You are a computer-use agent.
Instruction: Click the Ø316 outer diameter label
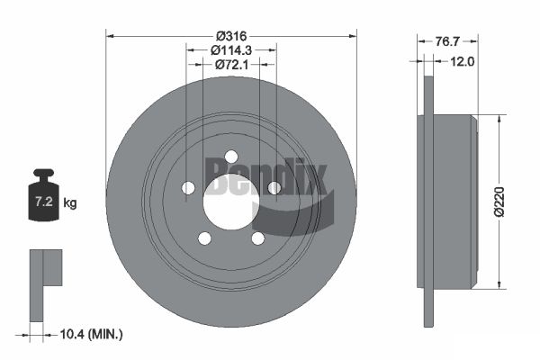(231, 36)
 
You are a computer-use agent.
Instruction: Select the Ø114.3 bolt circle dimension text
(231, 50)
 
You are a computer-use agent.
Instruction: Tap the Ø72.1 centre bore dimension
(231, 65)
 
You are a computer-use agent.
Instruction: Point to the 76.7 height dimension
(447, 41)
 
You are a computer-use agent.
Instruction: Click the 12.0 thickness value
(463, 62)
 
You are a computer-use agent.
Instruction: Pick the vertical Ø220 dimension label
(499, 202)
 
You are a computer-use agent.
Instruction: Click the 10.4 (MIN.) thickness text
(91, 334)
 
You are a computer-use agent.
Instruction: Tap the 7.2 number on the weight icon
(44, 202)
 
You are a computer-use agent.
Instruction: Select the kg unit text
(70, 202)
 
